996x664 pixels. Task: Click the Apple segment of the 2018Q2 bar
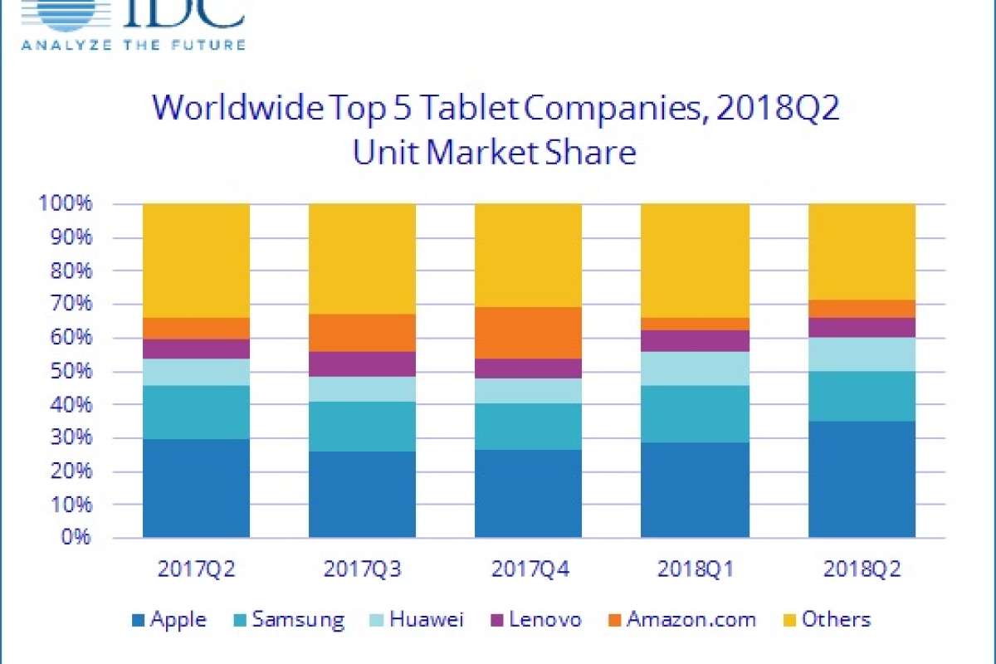862,479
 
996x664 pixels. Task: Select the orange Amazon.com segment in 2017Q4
528,333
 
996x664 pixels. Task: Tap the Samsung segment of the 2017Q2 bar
196,412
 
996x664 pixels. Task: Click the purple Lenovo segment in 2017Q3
362,364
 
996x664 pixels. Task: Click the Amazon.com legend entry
680,619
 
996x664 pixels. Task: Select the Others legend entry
826,619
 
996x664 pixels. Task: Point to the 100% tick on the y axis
66,204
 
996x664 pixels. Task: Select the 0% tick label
75,538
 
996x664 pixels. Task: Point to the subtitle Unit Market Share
495,154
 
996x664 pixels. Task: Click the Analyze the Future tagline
134,44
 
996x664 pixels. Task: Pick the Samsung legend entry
288,619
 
